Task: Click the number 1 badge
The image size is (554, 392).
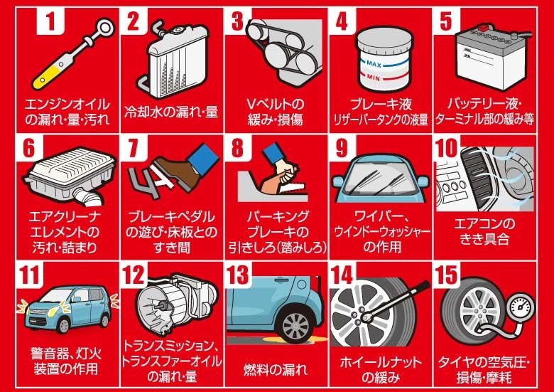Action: click(x=50, y=21)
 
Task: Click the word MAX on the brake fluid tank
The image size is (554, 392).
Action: click(x=374, y=64)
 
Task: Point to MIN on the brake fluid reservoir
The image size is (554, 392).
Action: click(x=373, y=77)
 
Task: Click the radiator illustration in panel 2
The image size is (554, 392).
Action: click(x=173, y=61)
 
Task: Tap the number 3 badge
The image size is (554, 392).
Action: click(x=237, y=21)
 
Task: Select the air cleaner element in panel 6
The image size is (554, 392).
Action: click(x=70, y=176)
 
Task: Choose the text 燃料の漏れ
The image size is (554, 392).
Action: click(x=276, y=370)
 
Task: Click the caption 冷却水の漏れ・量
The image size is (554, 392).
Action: click(x=171, y=112)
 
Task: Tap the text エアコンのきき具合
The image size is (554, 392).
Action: click(x=484, y=231)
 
